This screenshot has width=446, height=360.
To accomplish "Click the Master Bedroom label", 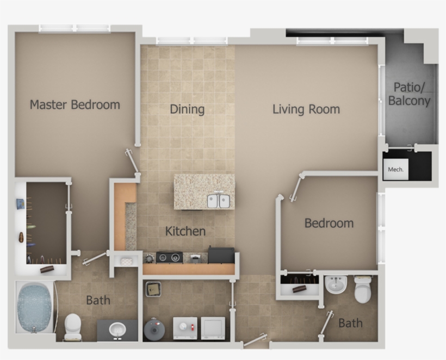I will coord(75,104).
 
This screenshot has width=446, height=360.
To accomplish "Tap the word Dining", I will coord(187,109).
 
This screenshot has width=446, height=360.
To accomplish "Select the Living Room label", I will coord(306,109).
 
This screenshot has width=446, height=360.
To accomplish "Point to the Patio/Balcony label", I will coord(410,94).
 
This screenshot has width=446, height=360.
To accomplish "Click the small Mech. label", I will coord(395,170).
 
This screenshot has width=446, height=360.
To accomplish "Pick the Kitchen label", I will coord(185,231).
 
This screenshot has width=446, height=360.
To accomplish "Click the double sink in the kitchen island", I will coord(218,201).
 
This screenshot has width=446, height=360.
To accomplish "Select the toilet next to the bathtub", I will coord(73,326).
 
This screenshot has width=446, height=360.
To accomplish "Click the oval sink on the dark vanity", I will coord(117,329).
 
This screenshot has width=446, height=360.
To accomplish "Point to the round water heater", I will coord(154,328).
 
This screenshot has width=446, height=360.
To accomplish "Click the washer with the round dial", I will coord(185,328).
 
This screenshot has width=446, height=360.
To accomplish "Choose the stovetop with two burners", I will coord(169,257).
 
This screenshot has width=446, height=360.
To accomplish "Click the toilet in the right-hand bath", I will coord(363,289).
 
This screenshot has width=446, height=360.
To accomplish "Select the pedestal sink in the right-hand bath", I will coord(336,285).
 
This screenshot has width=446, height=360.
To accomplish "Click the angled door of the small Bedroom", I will coord(296,189).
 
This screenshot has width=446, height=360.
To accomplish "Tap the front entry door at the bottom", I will coord(255,340).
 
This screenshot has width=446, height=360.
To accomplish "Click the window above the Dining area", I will coord(191,41).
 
